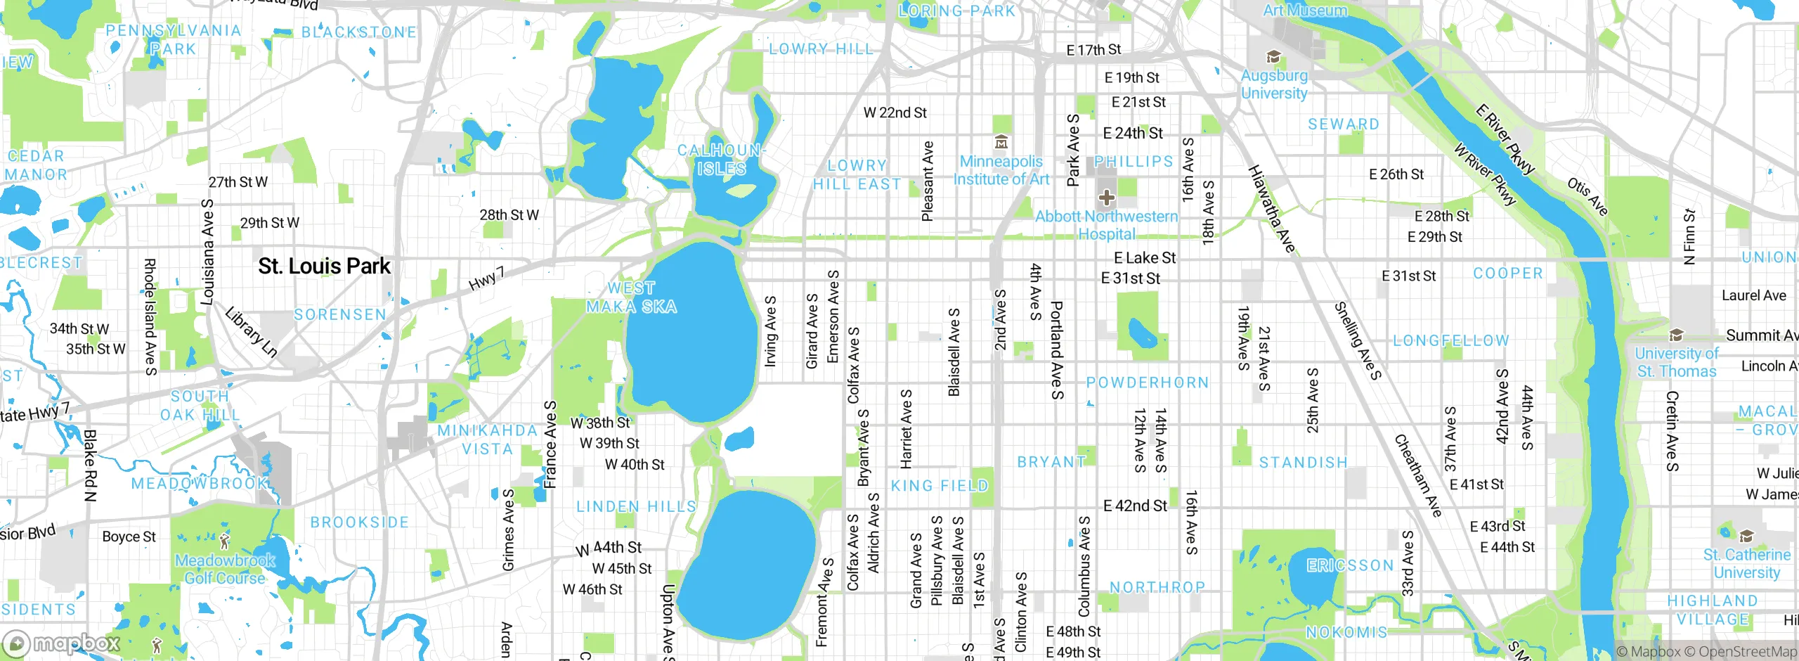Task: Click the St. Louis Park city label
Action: coord(324,266)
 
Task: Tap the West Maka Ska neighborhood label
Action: coord(631,297)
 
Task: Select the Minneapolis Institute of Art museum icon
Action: coord(1001,143)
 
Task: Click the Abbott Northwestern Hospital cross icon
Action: coord(1106,198)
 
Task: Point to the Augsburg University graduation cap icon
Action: coord(1273,57)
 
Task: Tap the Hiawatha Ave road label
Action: coord(1271,208)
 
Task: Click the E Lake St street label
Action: coord(1145,258)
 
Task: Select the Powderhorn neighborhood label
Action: coord(1147,383)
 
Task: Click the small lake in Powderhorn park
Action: coord(1142,333)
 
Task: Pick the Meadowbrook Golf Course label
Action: coord(225,570)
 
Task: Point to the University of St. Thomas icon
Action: coord(1676,335)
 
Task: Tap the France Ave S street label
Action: coord(550,444)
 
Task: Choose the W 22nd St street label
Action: coord(895,113)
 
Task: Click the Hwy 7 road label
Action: coord(486,278)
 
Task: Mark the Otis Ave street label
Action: coord(1587,196)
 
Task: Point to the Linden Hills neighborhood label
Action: coord(636,506)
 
